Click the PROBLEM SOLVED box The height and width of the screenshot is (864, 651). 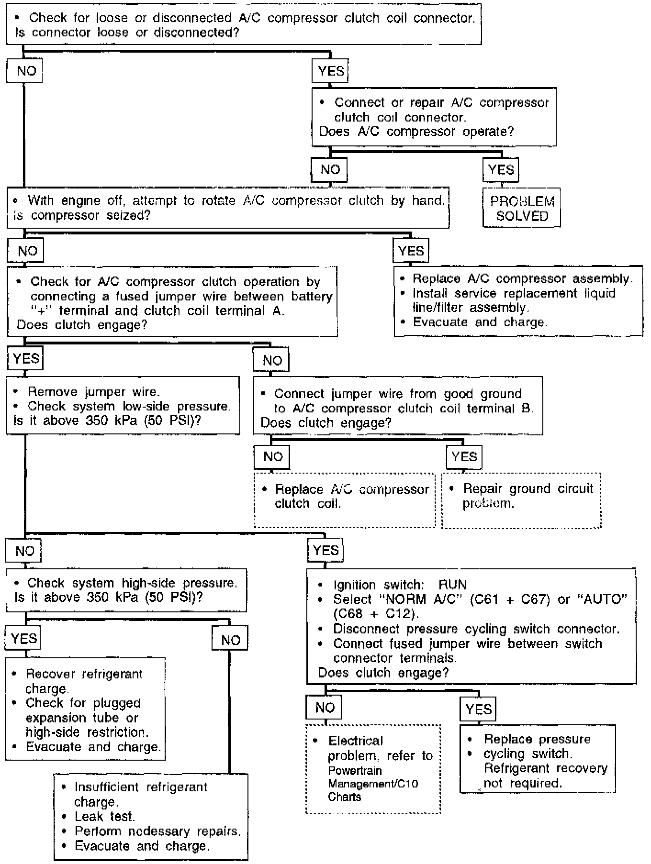coord(521,208)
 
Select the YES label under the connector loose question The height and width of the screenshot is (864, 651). coord(330,71)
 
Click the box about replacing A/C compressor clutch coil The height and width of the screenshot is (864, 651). coord(345,499)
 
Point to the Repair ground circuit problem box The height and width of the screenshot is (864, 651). coord(521,499)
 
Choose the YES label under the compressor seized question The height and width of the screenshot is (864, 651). coord(411,251)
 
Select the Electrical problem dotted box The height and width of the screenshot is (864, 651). coord(373,769)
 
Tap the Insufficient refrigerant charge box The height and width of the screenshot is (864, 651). coord(151,817)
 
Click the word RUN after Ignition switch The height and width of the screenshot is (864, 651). coord(452,585)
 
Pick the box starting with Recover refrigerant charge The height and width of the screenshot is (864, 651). coord(85,709)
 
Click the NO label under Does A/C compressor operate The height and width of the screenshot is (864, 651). coord(330,170)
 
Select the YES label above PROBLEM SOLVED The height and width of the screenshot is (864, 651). coord(501,169)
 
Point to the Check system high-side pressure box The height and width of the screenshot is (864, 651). coord(126,590)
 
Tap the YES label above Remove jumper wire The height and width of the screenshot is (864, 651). coord(25,359)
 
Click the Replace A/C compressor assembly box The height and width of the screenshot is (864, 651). coord(518,300)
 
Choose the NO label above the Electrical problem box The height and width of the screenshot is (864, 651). coord(324,708)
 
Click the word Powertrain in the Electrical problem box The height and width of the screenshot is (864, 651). coord(348,770)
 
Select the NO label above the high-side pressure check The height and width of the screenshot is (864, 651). coord(23,551)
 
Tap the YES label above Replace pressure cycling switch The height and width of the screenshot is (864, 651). coord(478,709)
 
